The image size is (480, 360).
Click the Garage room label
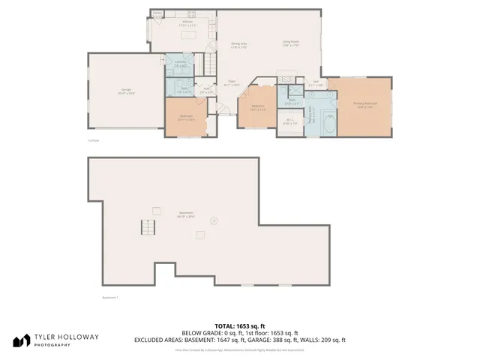pyautogui.click(x=126, y=91)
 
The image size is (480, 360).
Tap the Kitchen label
pyautogui.click(x=189, y=24)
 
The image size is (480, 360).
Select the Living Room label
pyautogui.click(x=291, y=43)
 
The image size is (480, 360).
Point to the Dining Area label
pyautogui.click(x=239, y=46)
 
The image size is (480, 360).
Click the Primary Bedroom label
pyautogui.click(x=366, y=105)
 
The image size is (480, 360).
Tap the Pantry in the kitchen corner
pyautogui.click(x=157, y=14)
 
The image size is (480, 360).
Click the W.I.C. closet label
pyautogui.click(x=289, y=122)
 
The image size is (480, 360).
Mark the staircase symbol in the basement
pyautogui.click(x=148, y=228)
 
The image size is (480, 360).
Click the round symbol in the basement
pyautogui.click(x=214, y=220)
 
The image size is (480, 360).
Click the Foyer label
pyautogui.click(x=232, y=83)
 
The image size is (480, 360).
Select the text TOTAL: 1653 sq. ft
pyautogui.click(x=240, y=326)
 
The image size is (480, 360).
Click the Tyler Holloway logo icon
pyautogui.click(x=22, y=340)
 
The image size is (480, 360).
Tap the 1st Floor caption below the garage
pyautogui.click(x=94, y=140)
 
